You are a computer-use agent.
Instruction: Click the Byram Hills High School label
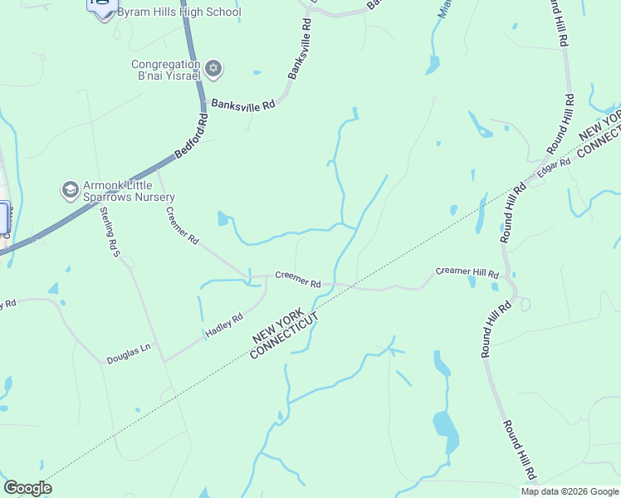(179, 12)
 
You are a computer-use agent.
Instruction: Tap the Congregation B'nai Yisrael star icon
(213, 68)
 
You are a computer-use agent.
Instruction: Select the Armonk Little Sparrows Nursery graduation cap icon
(70, 190)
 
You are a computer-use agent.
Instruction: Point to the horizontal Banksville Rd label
(242, 105)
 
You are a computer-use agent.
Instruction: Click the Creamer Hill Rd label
(467, 272)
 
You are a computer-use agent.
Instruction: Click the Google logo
(27, 488)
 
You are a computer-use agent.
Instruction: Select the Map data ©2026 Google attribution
(570, 491)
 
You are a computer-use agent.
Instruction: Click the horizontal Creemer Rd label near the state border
(297, 279)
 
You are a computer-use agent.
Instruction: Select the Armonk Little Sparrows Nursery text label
(128, 191)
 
